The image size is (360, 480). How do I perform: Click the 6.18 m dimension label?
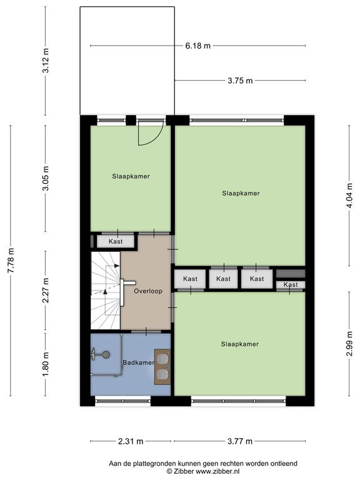tap(197, 46)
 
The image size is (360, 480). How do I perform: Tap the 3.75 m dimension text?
tap(240, 81)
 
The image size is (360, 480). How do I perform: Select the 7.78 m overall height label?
tap(11, 260)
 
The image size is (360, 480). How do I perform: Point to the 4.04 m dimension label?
tap(349, 196)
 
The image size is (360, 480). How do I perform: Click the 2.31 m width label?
tap(131, 441)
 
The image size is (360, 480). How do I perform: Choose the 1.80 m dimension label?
tap(45, 364)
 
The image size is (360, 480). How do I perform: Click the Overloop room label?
tap(148, 291)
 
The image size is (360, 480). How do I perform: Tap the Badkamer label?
tap(138, 362)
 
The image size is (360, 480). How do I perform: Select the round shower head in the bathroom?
tap(106, 354)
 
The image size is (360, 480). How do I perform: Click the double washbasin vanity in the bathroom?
tap(162, 367)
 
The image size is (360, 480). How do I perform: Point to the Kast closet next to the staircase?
tap(116, 241)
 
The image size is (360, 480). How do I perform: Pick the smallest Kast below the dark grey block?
tap(291, 285)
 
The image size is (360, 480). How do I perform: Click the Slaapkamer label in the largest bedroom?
tap(241, 193)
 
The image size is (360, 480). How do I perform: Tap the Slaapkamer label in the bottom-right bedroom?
tap(240, 344)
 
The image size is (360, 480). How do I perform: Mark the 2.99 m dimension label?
tap(349, 344)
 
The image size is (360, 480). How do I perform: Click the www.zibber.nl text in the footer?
tap(217, 471)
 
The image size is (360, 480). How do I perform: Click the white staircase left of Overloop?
tap(106, 291)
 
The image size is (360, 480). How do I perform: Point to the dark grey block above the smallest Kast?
tap(291, 273)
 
